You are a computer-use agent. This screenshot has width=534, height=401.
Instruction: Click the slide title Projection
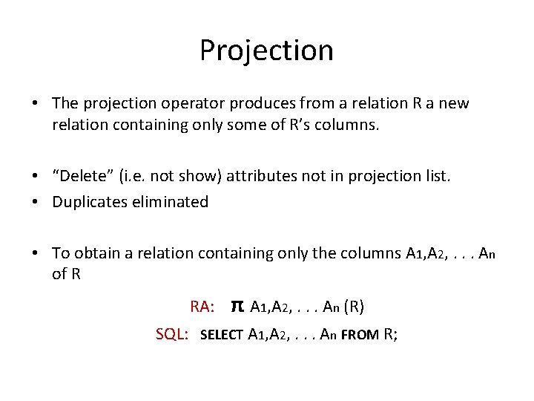click(266, 50)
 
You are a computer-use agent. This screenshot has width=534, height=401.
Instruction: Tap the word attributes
click(261, 175)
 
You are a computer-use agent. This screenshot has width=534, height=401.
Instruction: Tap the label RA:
click(202, 307)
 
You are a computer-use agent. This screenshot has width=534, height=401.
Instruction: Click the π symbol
click(237, 306)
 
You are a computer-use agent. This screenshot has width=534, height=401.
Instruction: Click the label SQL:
click(171, 334)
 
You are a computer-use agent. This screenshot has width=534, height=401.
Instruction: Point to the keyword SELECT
click(222, 335)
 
